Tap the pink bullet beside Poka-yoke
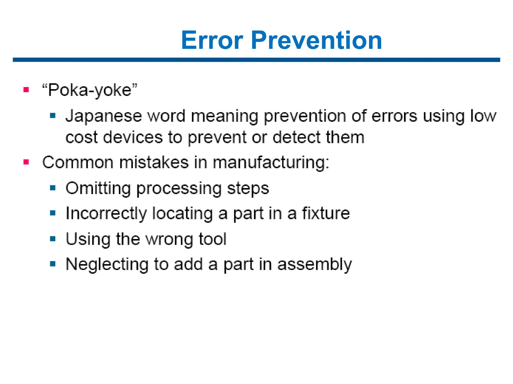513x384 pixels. pyautogui.click(x=26, y=89)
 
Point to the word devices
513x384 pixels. pyautogui.click(x=133, y=137)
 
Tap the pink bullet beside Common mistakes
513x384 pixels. pyautogui.click(x=26, y=162)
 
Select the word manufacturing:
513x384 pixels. pyautogui.click(x=271, y=162)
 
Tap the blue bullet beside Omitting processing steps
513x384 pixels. pyautogui.click(x=53, y=188)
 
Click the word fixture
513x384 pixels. pyautogui.click(x=326, y=213)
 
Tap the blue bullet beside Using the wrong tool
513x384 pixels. pyautogui.click(x=53, y=238)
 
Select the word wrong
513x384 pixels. pyautogui.click(x=169, y=239)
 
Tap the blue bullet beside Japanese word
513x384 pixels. pyautogui.click(x=53, y=115)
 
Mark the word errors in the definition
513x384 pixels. pyautogui.click(x=394, y=116)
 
